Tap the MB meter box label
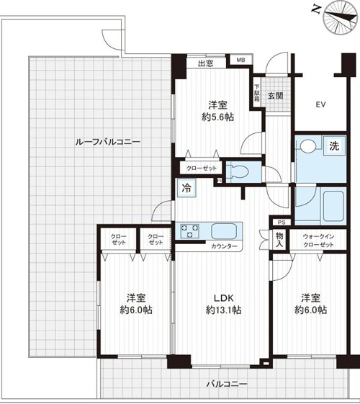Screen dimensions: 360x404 pos(240,60)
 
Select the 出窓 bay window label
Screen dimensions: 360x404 pos(205,63)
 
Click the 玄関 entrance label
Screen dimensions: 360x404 pos(275,96)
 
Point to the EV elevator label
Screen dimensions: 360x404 pos(321,104)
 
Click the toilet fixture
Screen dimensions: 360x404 pos(239,171)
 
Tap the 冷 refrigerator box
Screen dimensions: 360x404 pos(186,188)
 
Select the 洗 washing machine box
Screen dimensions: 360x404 pos(334,146)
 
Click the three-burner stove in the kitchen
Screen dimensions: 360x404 pos(190,231)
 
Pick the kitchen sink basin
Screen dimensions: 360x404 pos(224,231)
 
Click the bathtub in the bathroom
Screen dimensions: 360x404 pos(333,206)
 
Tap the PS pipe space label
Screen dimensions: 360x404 pos(280,222)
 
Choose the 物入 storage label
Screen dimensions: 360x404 pos(279,239)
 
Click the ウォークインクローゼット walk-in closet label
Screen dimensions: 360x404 pos(318,241)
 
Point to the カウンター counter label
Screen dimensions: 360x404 pos(224,246)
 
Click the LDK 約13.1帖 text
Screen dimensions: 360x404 pos(223,304)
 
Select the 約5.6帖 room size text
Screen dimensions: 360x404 pos(217,117)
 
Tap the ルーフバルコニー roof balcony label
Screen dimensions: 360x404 pos(107,142)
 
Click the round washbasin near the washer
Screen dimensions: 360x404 pos(308,146)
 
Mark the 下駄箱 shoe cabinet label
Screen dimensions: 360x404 pos(257,93)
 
